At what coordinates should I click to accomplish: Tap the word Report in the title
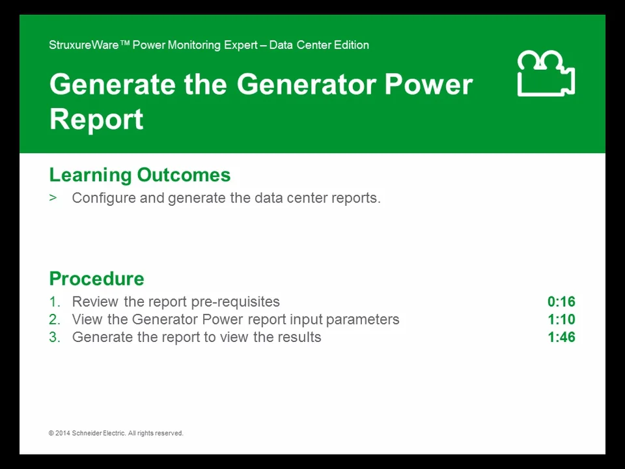tap(96, 119)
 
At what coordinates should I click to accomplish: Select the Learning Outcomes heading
tap(139, 175)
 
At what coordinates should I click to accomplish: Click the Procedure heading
tap(96, 278)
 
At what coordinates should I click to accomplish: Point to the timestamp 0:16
tap(561, 302)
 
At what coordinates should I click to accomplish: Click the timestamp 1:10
tap(561, 319)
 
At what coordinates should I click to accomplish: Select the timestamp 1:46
tap(561, 337)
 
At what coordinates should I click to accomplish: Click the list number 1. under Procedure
tap(55, 302)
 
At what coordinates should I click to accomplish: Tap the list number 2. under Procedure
tap(55, 319)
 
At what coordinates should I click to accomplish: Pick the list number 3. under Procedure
tap(55, 337)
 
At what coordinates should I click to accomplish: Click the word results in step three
tap(299, 337)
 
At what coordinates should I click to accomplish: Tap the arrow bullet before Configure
tap(53, 197)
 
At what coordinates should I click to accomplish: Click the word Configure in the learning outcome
tap(104, 198)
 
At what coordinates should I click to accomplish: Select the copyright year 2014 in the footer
tap(62, 433)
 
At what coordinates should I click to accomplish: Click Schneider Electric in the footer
tap(98, 433)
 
